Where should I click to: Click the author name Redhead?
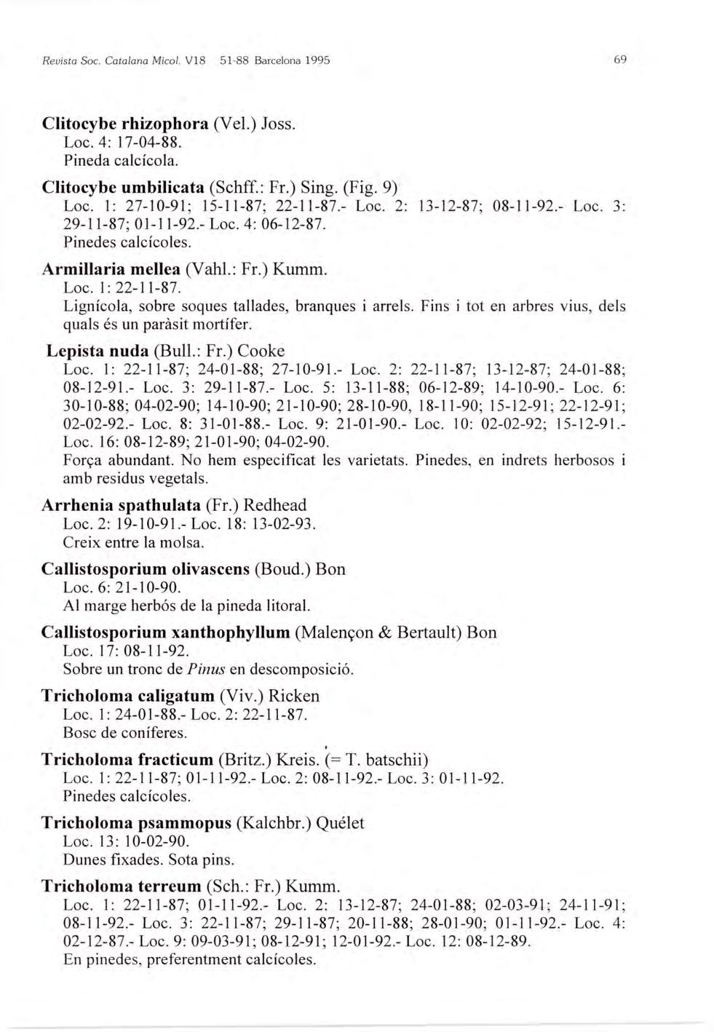click(275, 505)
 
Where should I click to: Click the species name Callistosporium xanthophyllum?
click(166, 632)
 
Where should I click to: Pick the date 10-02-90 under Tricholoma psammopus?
click(159, 842)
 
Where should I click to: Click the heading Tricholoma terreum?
click(120, 886)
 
